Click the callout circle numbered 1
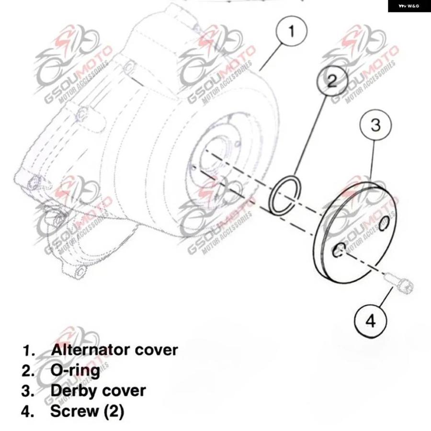(x=291, y=31)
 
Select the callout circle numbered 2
(x=332, y=80)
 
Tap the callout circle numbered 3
(x=375, y=125)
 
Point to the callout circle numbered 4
(x=371, y=321)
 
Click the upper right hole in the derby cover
(x=384, y=223)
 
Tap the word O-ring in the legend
(x=75, y=370)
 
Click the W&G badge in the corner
(x=409, y=6)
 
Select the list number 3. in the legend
(x=28, y=391)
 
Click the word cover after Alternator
(x=156, y=351)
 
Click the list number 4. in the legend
(x=28, y=411)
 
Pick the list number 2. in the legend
(x=28, y=371)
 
